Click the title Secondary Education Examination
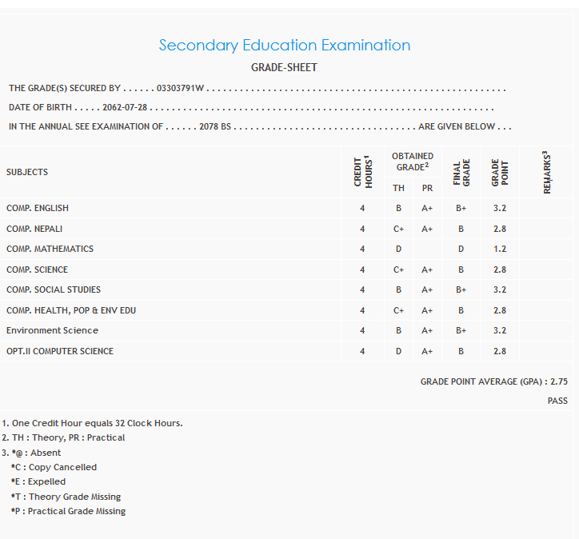[x=285, y=46]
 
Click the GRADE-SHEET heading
[x=284, y=68]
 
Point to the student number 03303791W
[x=181, y=89]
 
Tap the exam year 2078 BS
[x=215, y=126]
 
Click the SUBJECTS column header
[x=27, y=172]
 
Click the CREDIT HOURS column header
[x=363, y=172]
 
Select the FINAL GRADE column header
[x=461, y=173]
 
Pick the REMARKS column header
[x=548, y=173]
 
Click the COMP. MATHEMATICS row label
[x=50, y=249]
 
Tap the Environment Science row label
[x=52, y=330]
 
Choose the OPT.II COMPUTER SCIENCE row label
[x=60, y=351]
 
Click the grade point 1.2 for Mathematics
[x=500, y=249]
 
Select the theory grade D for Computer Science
[x=398, y=351]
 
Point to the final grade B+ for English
[x=461, y=208]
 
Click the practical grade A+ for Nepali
[x=427, y=229]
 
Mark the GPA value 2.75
[x=559, y=382]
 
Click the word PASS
[x=557, y=401]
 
